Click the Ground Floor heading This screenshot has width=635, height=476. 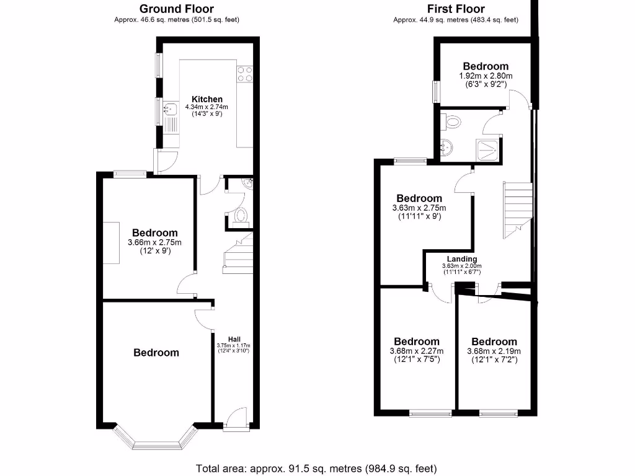coord(177,9)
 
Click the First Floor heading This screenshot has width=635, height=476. coord(456,9)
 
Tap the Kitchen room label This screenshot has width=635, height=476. coord(207,99)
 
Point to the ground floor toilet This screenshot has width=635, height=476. coord(241,216)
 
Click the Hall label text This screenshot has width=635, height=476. coord(234,338)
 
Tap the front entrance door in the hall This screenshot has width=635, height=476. coord(236,418)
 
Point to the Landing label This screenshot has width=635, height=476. coord(462,259)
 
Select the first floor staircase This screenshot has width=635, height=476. coord(517,209)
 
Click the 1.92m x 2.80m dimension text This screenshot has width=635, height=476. coord(486,76)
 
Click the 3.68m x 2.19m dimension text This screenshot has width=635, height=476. coord(494,351)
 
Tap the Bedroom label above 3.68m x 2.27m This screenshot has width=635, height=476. coord(417,342)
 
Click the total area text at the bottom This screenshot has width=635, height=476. coord(316,468)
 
